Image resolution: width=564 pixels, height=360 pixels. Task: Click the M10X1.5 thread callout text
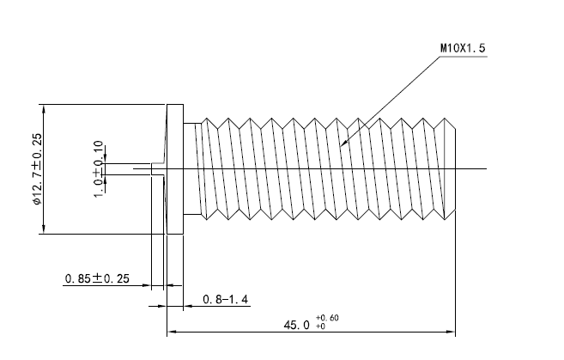[464, 49]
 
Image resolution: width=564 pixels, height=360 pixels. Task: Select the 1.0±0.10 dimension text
[98, 168]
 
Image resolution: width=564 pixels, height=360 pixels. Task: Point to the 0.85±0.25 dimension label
[98, 278]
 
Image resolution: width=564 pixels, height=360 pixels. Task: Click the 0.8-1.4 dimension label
[225, 299]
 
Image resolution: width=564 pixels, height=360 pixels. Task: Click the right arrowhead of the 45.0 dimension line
[452, 331]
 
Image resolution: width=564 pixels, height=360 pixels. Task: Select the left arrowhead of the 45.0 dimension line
[170, 331]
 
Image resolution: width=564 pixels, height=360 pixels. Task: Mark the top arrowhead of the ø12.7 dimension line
[41, 107]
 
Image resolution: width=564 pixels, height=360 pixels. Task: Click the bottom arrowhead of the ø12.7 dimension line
[41, 230]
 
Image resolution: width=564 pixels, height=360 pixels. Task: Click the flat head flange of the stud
[175, 168]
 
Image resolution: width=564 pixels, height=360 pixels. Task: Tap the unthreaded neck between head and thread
[192, 168]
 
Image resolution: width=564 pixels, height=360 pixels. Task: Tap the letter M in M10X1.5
[444, 49]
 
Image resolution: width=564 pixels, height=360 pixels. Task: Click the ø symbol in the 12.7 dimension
[36, 202]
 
